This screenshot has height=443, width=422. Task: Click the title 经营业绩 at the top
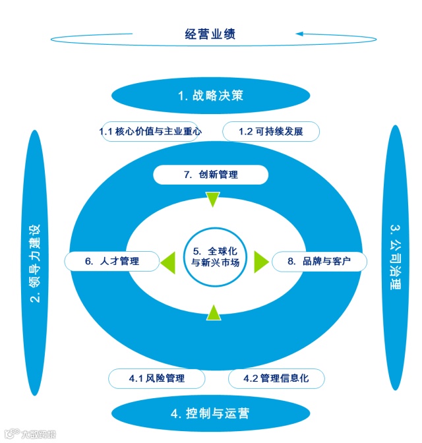(x=210, y=34)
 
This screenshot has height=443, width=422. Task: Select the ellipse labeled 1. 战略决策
(x=210, y=95)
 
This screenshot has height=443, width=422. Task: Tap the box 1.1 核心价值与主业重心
(x=150, y=131)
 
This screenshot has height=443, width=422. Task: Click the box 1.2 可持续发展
(x=271, y=131)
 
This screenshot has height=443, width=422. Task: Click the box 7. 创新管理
(x=210, y=175)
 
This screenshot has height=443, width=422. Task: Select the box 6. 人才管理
(x=112, y=261)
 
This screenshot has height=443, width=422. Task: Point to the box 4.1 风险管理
(x=156, y=378)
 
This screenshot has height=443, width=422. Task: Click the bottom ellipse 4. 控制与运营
(x=210, y=413)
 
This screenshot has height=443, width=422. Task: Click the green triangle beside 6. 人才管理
(x=167, y=261)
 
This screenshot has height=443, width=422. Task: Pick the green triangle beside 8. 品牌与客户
(x=260, y=261)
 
